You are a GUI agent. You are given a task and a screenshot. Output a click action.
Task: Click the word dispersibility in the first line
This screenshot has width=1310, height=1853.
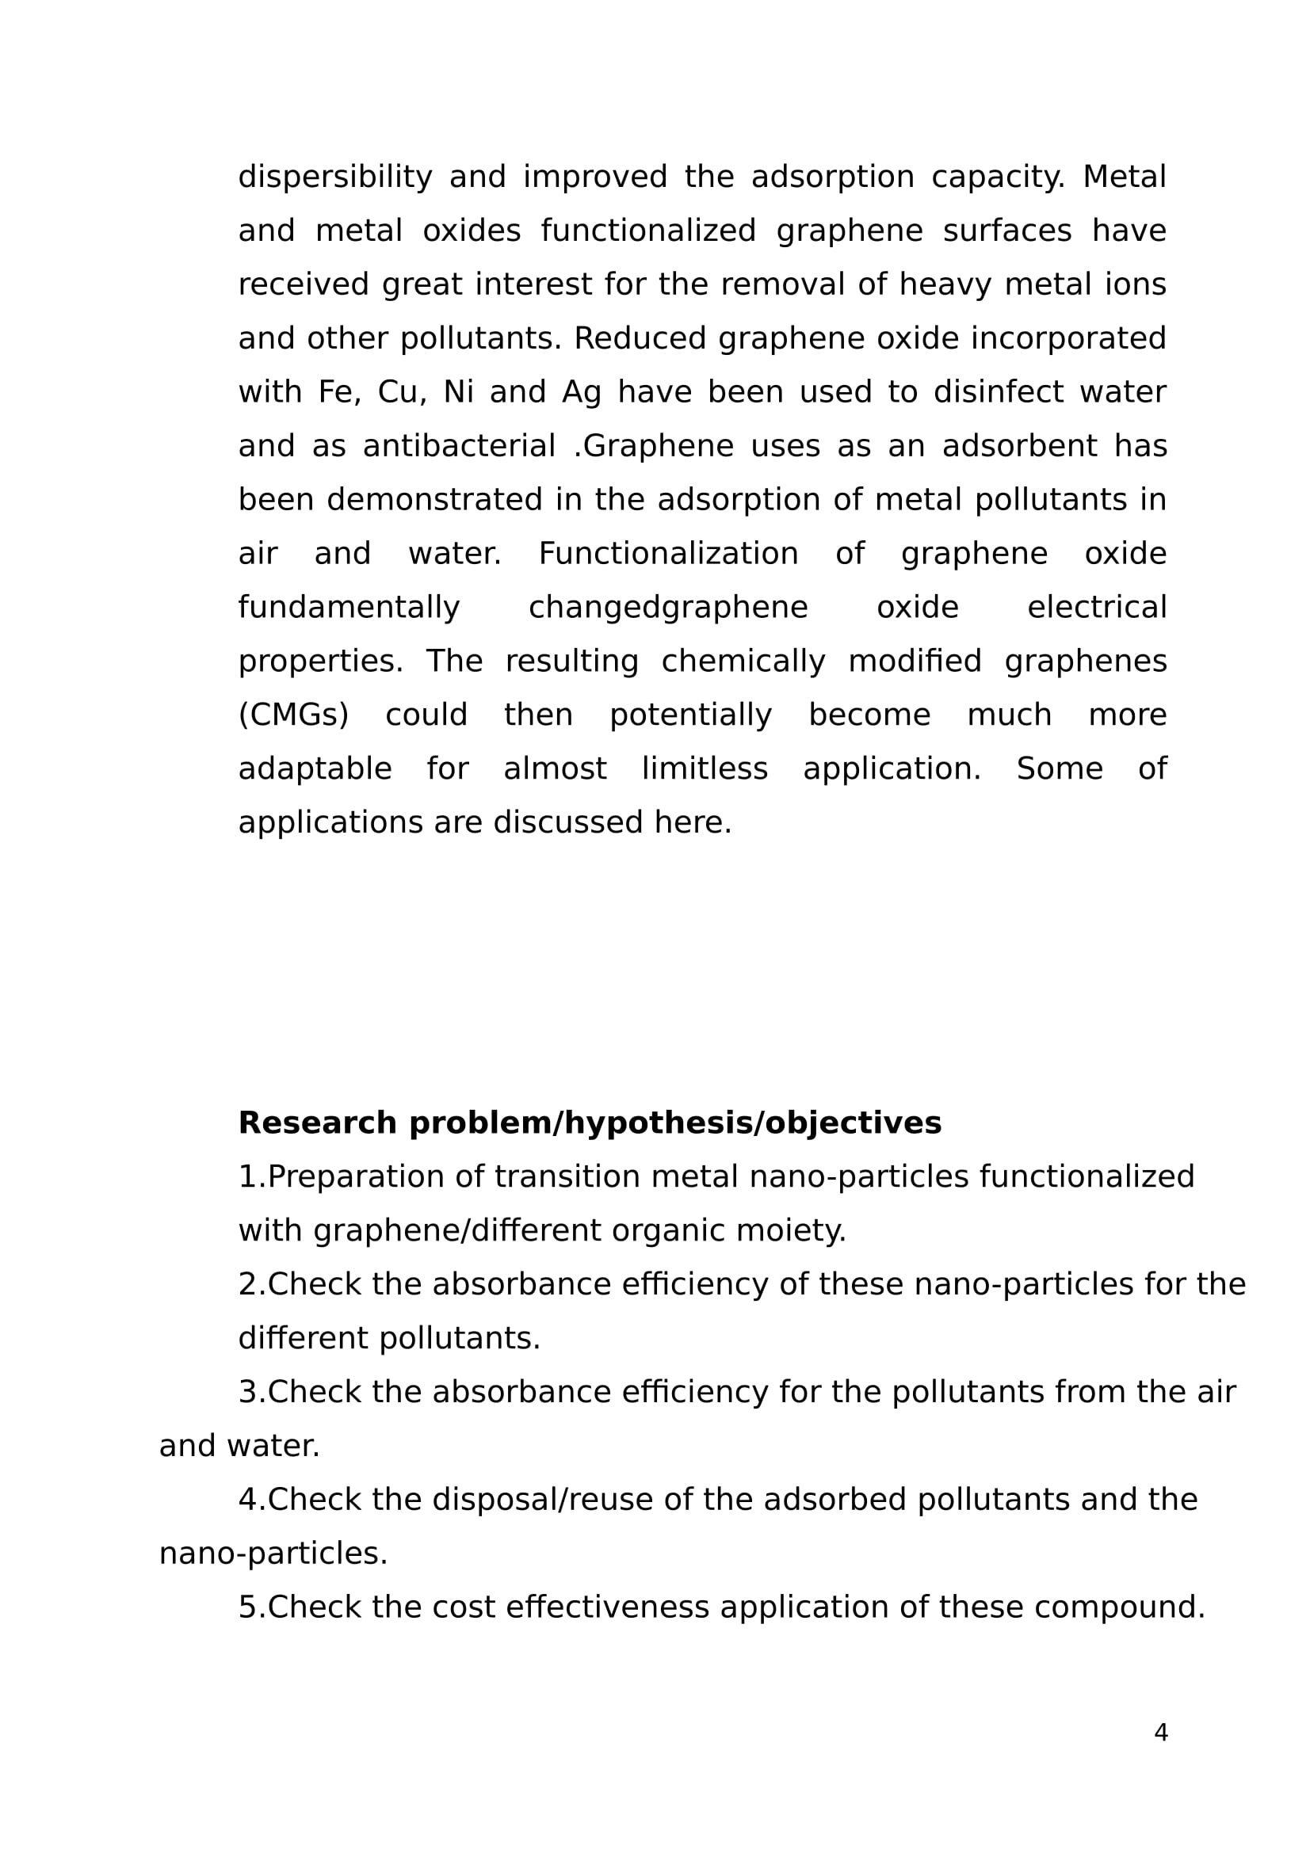[x=335, y=177]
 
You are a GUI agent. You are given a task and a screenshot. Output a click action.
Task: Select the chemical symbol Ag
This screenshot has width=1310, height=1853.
[x=581, y=392]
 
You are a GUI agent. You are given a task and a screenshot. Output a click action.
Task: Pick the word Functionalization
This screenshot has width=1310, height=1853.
[x=668, y=554]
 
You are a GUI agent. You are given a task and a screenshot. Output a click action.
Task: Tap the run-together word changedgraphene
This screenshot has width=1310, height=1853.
[x=667, y=607]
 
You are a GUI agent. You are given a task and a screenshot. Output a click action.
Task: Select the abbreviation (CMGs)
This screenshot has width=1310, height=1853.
[x=293, y=715]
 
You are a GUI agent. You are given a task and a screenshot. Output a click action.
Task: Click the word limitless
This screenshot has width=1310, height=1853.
[x=705, y=768]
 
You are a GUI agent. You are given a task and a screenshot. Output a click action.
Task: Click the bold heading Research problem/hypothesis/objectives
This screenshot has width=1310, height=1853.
[x=589, y=1123]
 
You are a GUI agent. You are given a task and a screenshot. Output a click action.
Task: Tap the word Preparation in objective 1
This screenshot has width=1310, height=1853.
[x=355, y=1176]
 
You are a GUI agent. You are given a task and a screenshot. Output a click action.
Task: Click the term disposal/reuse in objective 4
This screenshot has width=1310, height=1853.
[x=542, y=1500]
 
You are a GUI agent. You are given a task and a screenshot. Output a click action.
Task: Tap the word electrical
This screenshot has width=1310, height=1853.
[x=1097, y=607]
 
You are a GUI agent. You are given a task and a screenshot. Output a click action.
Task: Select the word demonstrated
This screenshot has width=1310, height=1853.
[x=434, y=500]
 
